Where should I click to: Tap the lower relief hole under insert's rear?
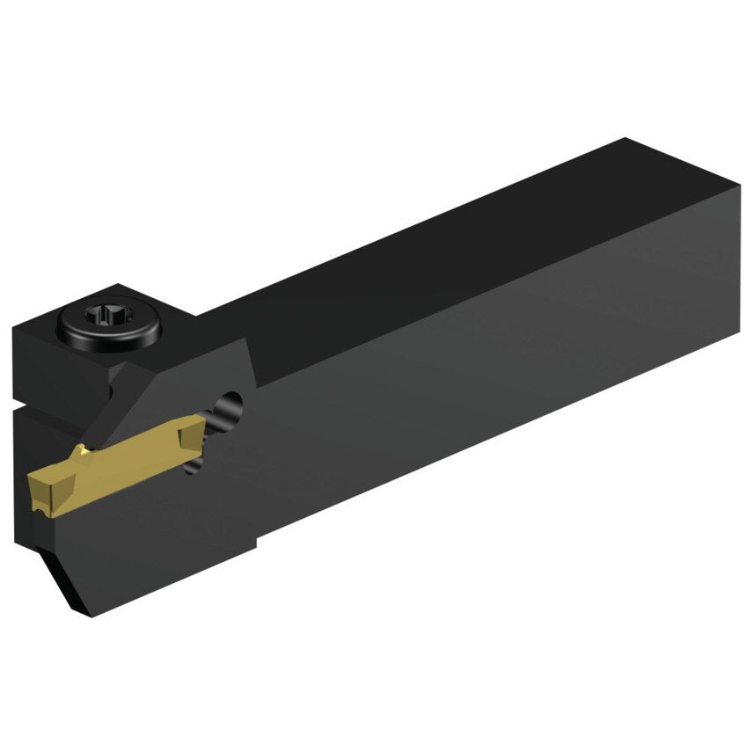pyautogui.click(x=197, y=463)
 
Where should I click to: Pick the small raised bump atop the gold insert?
pyautogui.click(x=82, y=451)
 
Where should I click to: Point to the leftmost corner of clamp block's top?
pyautogui.click(x=14, y=329)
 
